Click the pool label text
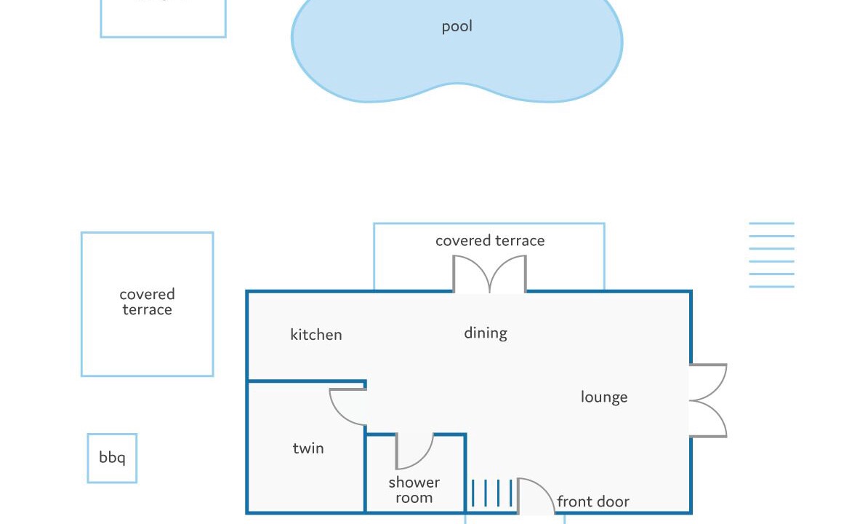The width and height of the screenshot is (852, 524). (x=457, y=27)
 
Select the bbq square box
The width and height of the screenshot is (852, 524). (x=112, y=458)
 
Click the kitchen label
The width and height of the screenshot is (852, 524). (x=316, y=335)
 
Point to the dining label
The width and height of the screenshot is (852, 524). (x=486, y=333)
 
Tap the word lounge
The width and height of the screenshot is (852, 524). (x=604, y=397)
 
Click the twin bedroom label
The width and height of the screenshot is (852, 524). (x=308, y=448)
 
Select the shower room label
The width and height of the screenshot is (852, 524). (x=414, y=491)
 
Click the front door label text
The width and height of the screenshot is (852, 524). (x=593, y=501)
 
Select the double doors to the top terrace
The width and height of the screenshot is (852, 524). (x=489, y=274)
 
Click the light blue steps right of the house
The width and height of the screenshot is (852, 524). (x=771, y=255)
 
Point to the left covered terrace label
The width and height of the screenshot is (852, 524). (x=147, y=302)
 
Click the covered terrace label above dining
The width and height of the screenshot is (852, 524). (x=490, y=241)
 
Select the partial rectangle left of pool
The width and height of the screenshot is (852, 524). (x=163, y=18)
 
